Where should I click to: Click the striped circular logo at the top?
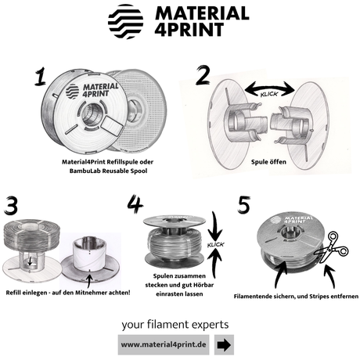point(125,21)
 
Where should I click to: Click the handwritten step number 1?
point(40,76)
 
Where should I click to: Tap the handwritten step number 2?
point(203,75)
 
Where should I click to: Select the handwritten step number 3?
point(11,205)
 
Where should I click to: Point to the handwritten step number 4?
point(135,203)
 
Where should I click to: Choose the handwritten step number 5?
point(244,205)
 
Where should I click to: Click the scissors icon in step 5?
point(331,247)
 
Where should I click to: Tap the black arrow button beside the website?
point(224,345)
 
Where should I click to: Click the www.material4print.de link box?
point(164,345)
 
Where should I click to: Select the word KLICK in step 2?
point(269,94)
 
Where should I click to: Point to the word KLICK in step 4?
point(215,245)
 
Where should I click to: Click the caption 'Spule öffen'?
point(268,162)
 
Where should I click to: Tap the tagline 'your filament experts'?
point(175,325)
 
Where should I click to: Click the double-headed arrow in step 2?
point(270,88)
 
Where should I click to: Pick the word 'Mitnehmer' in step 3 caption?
point(88,293)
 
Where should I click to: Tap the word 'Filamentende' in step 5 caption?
point(251,297)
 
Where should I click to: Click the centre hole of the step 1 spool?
point(91,114)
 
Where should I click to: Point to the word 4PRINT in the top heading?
point(189,30)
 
